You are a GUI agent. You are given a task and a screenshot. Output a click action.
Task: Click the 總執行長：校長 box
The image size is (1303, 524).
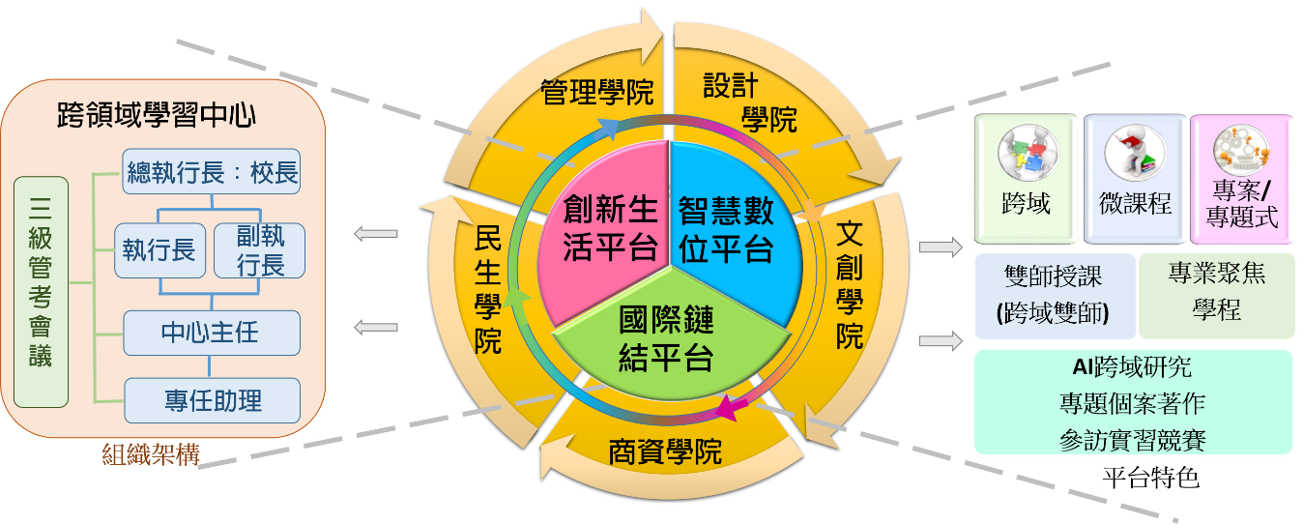212,176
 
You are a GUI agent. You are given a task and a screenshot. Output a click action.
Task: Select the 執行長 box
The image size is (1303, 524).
158,251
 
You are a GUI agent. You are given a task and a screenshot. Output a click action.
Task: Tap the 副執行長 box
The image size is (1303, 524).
258,251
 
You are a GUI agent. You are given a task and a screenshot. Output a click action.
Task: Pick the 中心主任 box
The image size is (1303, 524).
212,333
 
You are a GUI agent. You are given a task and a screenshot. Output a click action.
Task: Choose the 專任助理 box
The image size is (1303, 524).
212,400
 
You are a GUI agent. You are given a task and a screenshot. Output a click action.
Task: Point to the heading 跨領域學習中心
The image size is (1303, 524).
157,115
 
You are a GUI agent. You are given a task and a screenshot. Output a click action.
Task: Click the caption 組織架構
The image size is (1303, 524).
150,454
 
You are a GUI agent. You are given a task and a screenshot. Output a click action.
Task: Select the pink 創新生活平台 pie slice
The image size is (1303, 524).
607,228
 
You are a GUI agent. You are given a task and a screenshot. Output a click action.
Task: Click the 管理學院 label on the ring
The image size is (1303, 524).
596,93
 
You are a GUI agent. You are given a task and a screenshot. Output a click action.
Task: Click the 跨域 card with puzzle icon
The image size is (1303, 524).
1026,178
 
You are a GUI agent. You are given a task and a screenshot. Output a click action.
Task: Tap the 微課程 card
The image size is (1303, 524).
1135,178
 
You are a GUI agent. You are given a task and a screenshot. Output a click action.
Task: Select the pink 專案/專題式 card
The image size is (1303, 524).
1242,178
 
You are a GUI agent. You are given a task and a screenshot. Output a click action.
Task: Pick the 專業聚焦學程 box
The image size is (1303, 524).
1217,296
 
